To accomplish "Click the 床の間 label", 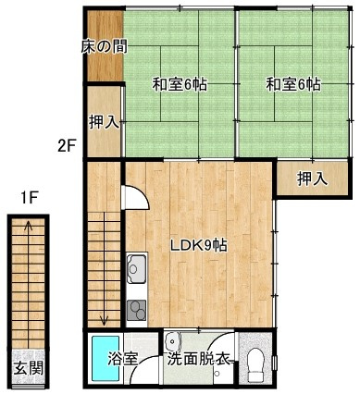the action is (105, 47).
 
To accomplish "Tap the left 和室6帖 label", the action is (180, 84).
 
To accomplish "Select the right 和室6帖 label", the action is (293, 84).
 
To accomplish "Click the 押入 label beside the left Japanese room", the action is (104, 122).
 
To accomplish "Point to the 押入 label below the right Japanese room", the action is (312, 179).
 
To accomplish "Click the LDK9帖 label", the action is (199, 246).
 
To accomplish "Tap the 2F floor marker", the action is (67, 145).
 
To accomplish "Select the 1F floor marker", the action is (29, 199).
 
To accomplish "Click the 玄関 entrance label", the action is (29, 368).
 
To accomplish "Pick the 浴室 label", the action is (122, 359).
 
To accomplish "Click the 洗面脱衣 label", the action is (199, 360).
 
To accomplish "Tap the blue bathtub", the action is (106, 359).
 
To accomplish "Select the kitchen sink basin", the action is (136, 268).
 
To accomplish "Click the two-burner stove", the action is (136, 311).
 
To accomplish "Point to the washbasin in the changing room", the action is (172, 341).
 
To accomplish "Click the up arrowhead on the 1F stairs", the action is (28, 225).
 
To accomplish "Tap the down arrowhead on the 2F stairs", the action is (104, 321).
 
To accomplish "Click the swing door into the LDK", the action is (135, 197).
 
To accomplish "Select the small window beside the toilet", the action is (275, 363).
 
